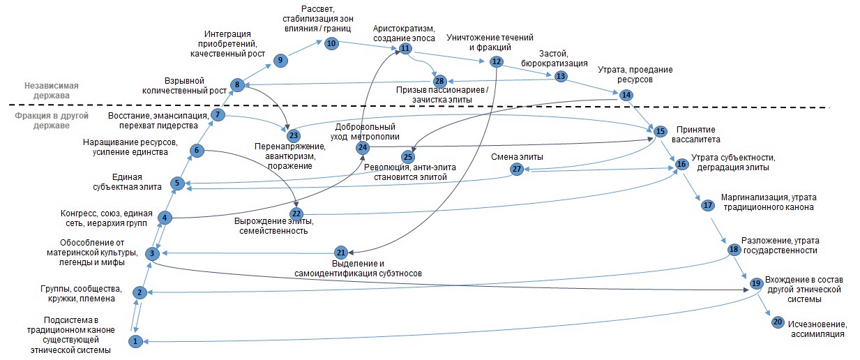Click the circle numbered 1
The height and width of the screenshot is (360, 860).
135,341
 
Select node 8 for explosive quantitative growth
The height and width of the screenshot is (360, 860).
237,85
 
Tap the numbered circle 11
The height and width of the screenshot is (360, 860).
405,49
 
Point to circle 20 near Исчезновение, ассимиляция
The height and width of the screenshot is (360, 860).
778,322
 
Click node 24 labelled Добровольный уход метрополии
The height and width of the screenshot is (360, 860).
362,148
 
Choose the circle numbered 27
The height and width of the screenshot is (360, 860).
517,169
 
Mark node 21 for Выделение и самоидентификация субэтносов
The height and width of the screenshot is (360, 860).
340,253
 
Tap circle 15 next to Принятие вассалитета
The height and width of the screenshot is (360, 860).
661,130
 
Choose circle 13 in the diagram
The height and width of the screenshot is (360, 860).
561,76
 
